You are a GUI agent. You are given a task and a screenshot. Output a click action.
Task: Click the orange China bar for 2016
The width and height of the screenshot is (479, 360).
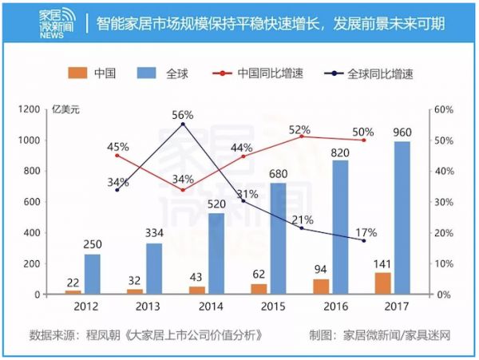coord(320,287)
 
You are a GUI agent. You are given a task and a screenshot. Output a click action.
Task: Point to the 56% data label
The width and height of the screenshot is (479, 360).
coord(183,115)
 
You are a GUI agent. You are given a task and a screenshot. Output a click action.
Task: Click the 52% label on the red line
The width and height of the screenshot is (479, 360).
coord(299,129)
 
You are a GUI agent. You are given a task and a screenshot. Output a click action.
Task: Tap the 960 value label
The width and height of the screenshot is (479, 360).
coord(402,130)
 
